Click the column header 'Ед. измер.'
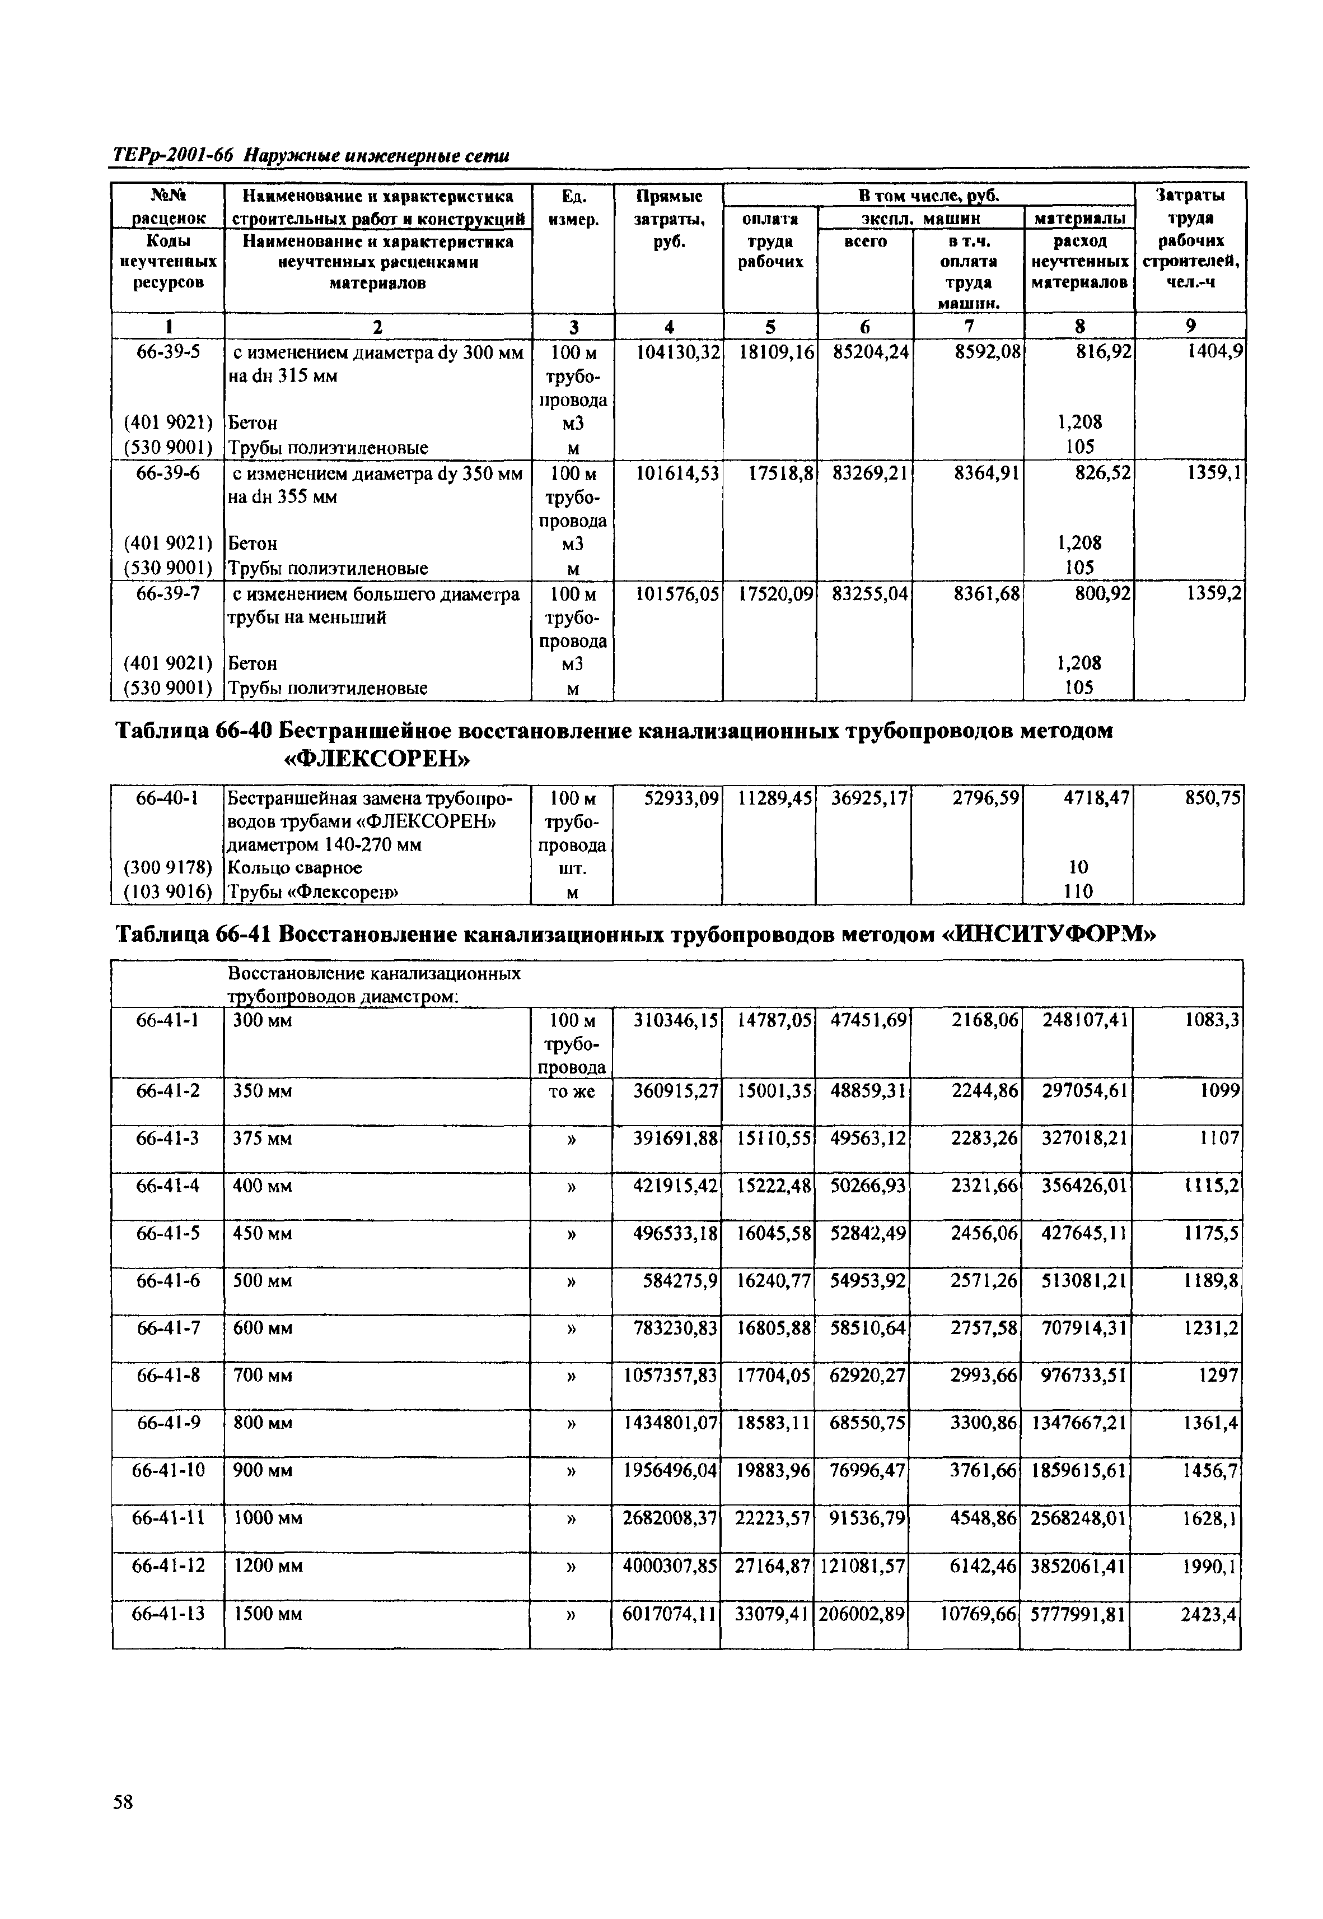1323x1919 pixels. [572, 208]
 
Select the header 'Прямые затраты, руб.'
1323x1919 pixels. [669, 220]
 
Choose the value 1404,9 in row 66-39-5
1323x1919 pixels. [1216, 352]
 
